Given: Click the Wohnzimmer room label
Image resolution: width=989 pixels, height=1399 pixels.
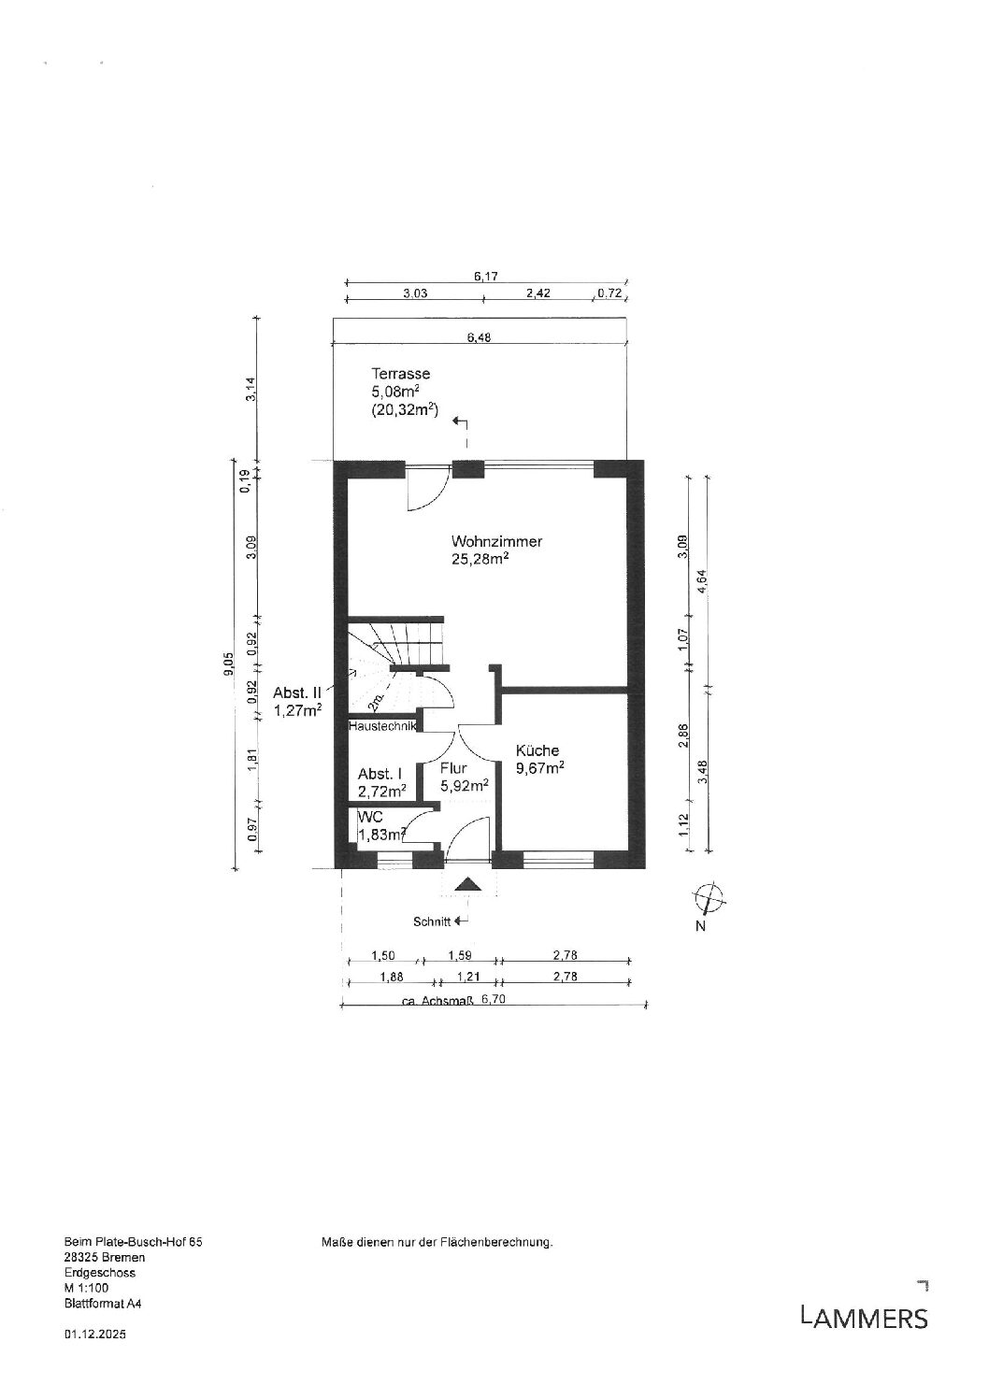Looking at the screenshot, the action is (496, 541).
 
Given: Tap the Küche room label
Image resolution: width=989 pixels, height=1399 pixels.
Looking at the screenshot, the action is (537, 750).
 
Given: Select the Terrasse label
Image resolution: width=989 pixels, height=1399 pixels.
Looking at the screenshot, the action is (400, 374).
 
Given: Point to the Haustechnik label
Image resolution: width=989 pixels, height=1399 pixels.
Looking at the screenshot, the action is (382, 726).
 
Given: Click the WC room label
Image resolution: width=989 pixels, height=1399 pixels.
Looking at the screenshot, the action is (370, 817).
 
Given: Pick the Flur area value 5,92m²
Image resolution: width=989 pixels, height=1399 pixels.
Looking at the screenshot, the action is (465, 786).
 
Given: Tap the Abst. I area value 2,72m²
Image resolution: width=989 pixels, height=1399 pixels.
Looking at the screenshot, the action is (382, 792).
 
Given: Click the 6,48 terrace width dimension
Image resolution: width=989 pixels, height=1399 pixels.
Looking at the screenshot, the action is (479, 338).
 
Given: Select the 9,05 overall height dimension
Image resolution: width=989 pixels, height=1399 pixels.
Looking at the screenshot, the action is (229, 664).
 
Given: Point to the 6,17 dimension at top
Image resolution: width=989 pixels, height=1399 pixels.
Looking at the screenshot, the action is (485, 276).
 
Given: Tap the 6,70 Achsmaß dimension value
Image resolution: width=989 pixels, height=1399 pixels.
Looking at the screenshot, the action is (494, 999).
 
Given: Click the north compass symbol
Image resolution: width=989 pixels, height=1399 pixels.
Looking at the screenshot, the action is (709, 900).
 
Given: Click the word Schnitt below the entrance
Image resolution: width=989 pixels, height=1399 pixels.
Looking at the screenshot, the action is (432, 921).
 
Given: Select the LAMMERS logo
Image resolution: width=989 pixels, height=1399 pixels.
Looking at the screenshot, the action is (864, 1319).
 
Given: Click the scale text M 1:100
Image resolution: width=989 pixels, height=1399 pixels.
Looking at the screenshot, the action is (86, 1287).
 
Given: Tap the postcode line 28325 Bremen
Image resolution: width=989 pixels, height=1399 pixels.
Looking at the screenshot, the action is (105, 1257).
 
